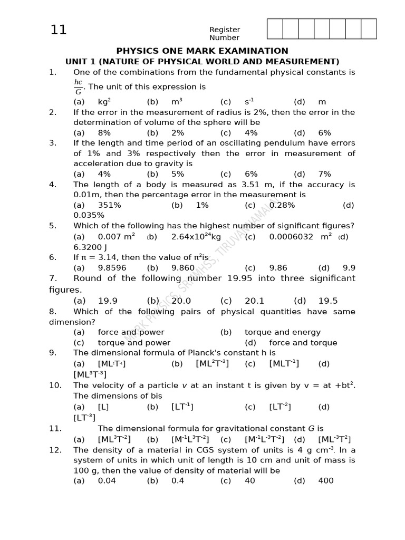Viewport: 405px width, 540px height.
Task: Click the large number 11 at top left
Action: pos(59,30)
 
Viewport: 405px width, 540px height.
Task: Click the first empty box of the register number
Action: pos(275,29)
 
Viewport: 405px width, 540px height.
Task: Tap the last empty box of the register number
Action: pos(369,29)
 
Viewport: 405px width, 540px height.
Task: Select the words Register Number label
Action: pos(225,34)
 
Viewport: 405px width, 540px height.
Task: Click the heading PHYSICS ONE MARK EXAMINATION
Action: pos(202,51)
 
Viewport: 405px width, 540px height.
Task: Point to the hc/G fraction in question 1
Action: pos(78,87)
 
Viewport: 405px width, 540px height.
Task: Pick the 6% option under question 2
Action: pos(325,133)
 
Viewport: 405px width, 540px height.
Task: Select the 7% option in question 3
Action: pos(325,174)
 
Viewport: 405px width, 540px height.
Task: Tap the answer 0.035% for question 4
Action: pos(89,215)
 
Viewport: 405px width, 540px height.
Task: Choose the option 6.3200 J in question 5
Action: pos(90,247)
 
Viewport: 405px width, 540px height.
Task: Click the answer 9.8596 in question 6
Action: pos(112,268)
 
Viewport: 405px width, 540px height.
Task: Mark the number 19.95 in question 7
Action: pos(240,278)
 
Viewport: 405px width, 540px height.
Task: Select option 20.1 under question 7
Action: pos(255,301)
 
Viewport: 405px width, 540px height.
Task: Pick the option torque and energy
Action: pos(282,332)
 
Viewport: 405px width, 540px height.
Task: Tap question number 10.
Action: pos(55,385)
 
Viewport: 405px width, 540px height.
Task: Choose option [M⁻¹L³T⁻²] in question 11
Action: pos(190,439)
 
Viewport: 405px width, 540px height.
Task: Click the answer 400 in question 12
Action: pos(326,480)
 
